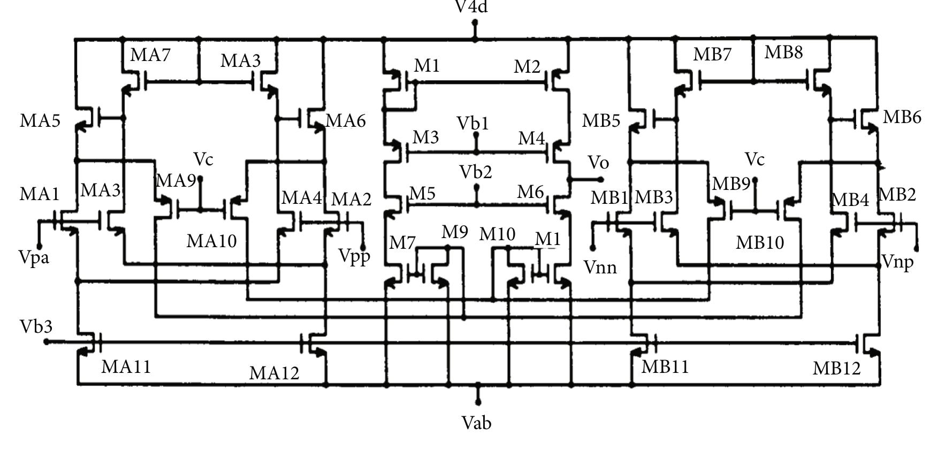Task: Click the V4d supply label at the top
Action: pyautogui.click(x=471, y=7)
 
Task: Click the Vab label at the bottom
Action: pyautogui.click(x=476, y=423)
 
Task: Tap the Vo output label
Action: pyautogui.click(x=598, y=162)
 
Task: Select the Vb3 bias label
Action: pyautogui.click(x=36, y=326)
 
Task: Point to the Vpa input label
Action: pyautogui.click(x=34, y=257)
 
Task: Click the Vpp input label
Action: pyautogui.click(x=354, y=256)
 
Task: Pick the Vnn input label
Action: pyautogui.click(x=600, y=266)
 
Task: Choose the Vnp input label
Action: pyautogui.click(x=897, y=262)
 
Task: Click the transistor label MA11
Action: pyautogui.click(x=126, y=366)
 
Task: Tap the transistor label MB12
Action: pyautogui.click(x=836, y=368)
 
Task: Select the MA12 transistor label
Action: pyautogui.click(x=274, y=373)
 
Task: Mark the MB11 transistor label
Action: pyautogui.click(x=665, y=366)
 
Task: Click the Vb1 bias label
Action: pyautogui.click(x=472, y=124)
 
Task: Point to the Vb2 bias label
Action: pyautogui.click(x=475, y=172)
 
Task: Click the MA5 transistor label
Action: pyautogui.click(x=40, y=121)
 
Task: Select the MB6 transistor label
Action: pyautogui.click(x=902, y=117)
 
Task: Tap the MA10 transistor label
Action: pyautogui.click(x=211, y=241)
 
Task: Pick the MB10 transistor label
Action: pyautogui.click(x=760, y=242)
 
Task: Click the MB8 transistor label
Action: pyautogui.click(x=783, y=52)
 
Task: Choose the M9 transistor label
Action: pyautogui.click(x=454, y=232)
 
